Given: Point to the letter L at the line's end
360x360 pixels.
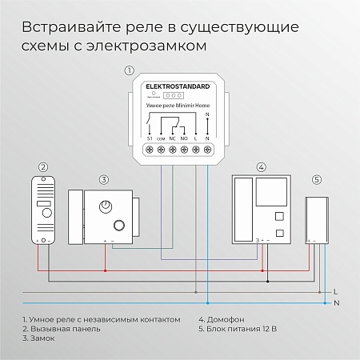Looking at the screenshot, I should coord(335,291).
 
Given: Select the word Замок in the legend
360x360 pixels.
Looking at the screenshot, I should coord(44,338).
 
